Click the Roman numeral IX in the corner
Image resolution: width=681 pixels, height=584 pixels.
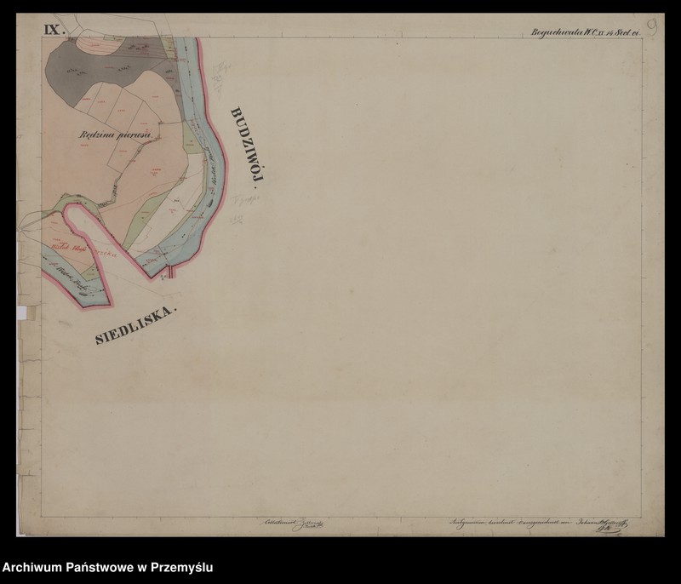(54, 30)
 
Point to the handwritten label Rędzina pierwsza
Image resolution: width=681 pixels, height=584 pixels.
(114, 135)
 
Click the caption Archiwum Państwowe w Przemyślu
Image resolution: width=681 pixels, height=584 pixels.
(108, 567)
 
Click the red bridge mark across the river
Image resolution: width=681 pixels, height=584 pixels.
(170, 272)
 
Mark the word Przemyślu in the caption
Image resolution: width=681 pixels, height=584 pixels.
(183, 567)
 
